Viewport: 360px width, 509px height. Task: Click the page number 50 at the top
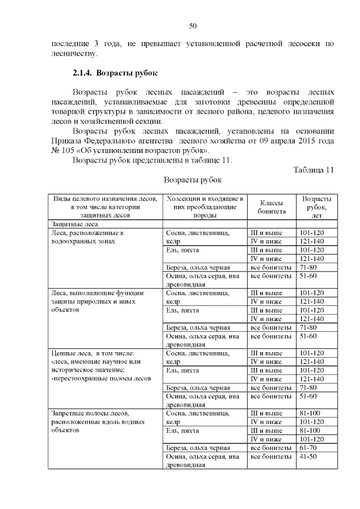tap(192, 26)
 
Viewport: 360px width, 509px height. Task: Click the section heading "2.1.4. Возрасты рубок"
tap(115, 73)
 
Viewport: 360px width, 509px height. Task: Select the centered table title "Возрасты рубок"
tap(192, 181)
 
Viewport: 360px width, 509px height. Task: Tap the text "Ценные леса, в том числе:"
tap(91, 353)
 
